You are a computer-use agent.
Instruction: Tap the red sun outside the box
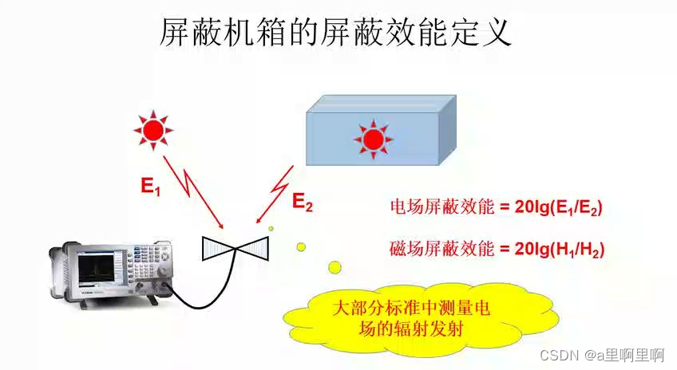point(152,128)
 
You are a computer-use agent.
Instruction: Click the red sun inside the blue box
point(372,140)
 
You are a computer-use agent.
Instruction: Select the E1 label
point(152,187)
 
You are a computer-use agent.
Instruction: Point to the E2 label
point(302,202)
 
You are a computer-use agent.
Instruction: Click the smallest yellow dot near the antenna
point(271,229)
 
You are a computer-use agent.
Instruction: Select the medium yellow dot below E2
point(301,246)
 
